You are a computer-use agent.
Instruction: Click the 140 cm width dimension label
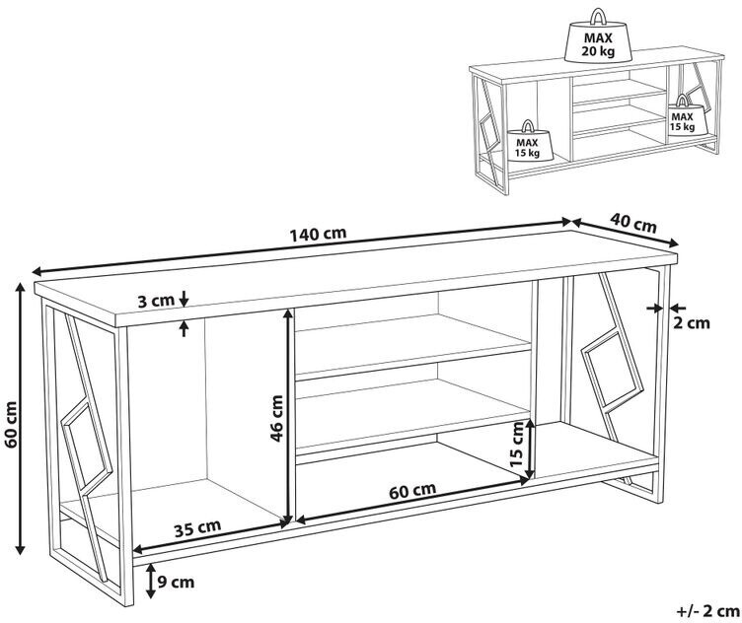(x=319, y=235)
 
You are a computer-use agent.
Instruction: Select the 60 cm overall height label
(x=11, y=425)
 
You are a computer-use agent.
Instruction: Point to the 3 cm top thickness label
(x=155, y=301)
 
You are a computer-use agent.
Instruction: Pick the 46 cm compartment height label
(x=276, y=417)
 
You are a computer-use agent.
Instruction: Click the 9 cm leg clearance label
(x=174, y=581)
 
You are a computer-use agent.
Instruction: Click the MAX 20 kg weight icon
(x=596, y=38)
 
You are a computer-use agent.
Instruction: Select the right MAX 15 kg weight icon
(x=682, y=115)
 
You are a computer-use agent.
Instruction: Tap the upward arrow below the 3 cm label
(x=185, y=328)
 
